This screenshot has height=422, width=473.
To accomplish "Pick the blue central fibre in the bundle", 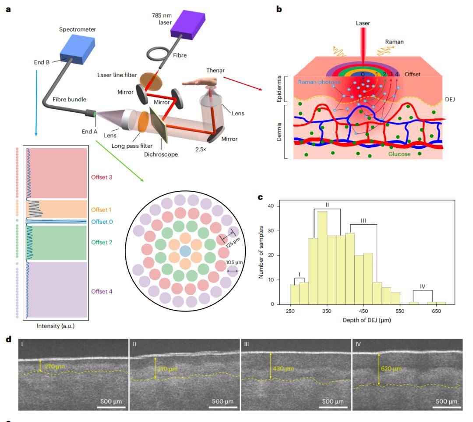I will pyautogui.click(x=185, y=251).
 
